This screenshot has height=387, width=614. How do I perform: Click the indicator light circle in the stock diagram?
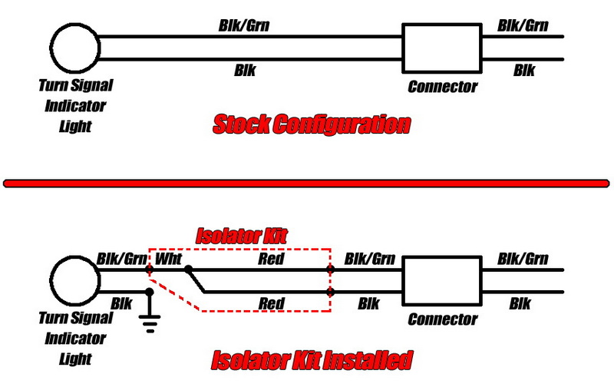[x=75, y=47]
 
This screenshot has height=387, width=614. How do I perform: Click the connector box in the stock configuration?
[x=441, y=48]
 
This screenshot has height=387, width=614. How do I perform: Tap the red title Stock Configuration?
[x=311, y=124]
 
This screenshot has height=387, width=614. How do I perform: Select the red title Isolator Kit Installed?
[x=311, y=359]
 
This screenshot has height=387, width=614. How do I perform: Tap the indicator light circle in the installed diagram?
[x=75, y=280]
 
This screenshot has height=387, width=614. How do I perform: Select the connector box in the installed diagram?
[x=441, y=281]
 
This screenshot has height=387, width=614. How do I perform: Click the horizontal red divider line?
[x=307, y=183]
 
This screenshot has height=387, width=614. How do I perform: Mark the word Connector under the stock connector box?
[x=442, y=86]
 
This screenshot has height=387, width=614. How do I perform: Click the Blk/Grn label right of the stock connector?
[x=523, y=25]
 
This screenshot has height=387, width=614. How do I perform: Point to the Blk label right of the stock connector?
[x=523, y=71]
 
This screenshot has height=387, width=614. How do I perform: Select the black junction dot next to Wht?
[x=188, y=270]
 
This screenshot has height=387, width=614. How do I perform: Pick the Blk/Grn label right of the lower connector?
[x=523, y=259]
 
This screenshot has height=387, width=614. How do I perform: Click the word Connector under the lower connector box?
[x=442, y=319]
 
